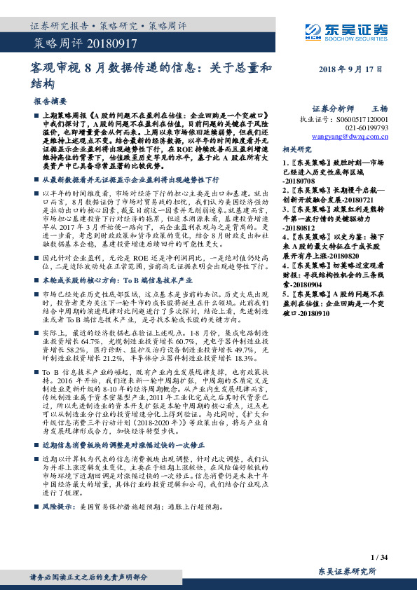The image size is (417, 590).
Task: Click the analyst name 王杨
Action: pos(378,109)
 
